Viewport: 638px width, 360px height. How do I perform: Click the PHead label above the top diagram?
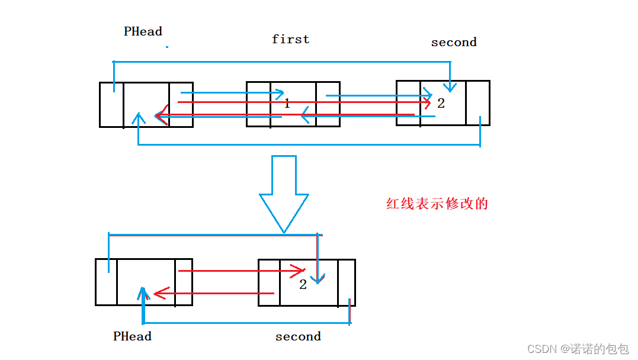tap(143, 31)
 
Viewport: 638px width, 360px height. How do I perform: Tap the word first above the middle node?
tap(290, 39)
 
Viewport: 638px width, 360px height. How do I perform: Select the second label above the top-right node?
tap(454, 42)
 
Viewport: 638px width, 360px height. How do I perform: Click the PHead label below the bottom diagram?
tap(132, 336)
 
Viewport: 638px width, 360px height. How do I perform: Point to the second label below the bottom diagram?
tap(298, 336)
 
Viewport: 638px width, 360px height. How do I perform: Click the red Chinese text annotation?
tap(437, 204)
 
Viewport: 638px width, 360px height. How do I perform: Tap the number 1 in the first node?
tap(287, 104)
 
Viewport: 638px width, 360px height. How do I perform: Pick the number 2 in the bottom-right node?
tap(303, 285)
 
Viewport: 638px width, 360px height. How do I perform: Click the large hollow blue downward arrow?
tap(284, 192)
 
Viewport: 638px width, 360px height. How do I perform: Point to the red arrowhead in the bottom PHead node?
tap(158, 293)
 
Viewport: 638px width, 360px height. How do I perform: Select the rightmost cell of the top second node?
tap(477, 103)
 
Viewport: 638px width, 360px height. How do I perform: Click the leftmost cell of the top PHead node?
tap(111, 105)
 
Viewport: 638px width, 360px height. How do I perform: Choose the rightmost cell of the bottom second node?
tap(347, 282)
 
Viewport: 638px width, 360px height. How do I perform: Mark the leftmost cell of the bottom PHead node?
tap(106, 282)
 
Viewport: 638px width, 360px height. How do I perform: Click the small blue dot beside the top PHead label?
tap(167, 46)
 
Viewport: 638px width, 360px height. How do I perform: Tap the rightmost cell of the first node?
tap(328, 105)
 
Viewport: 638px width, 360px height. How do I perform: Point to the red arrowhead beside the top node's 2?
tap(425, 102)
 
